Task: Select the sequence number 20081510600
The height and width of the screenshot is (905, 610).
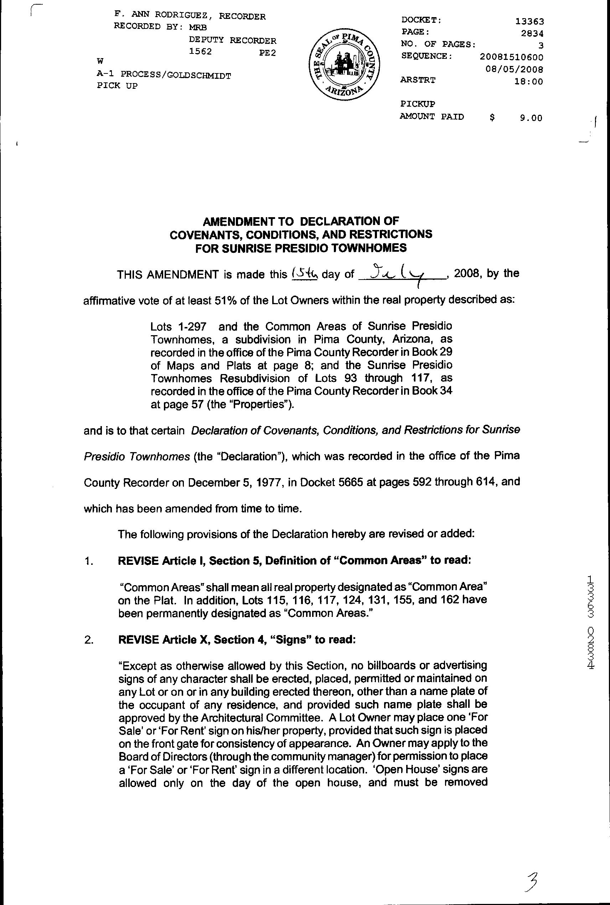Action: (x=511, y=57)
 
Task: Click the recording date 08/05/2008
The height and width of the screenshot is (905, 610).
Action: (x=514, y=69)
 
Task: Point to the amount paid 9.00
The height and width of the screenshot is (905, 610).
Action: (x=531, y=118)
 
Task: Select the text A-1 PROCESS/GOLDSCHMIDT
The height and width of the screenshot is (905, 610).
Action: (x=164, y=75)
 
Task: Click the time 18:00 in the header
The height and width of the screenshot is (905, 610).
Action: (x=529, y=82)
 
